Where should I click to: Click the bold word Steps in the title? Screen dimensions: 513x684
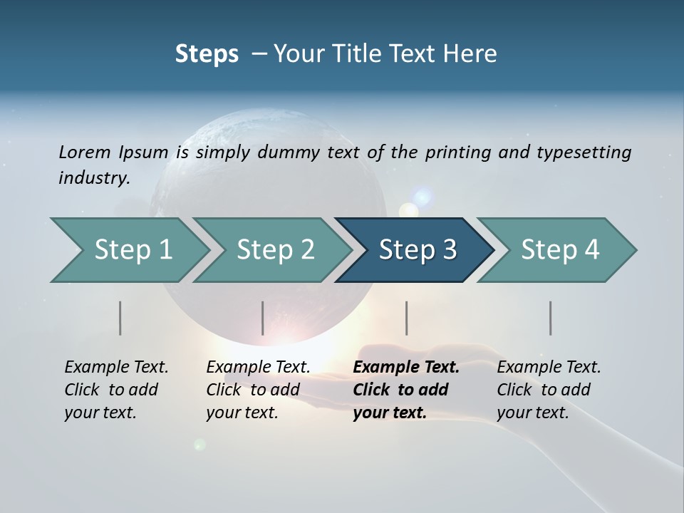(207, 54)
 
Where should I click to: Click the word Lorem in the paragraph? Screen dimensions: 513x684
(84, 152)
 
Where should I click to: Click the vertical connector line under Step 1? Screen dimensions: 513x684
(120, 318)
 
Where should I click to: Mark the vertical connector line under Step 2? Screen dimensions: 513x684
(263, 318)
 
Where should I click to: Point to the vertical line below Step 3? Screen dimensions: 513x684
(406, 318)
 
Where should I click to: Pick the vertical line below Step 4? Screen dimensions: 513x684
(550, 318)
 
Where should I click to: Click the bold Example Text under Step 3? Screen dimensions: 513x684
(406, 368)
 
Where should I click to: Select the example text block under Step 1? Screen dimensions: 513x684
(116, 390)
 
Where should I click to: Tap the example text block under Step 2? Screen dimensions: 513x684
(258, 390)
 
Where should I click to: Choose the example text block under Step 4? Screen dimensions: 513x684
(549, 390)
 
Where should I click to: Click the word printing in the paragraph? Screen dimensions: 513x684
(456, 152)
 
